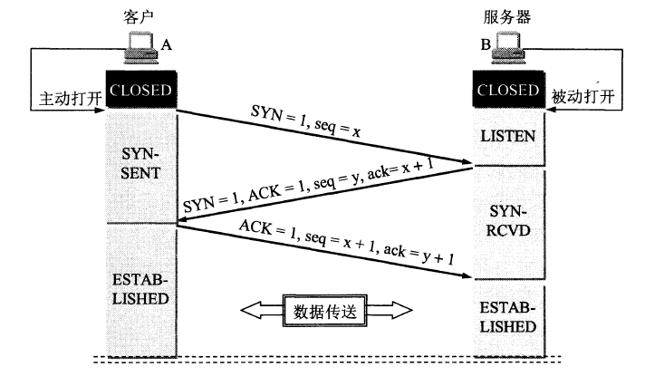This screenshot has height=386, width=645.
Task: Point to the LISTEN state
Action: click(508, 137)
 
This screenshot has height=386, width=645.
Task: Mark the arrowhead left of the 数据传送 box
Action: click(250, 311)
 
